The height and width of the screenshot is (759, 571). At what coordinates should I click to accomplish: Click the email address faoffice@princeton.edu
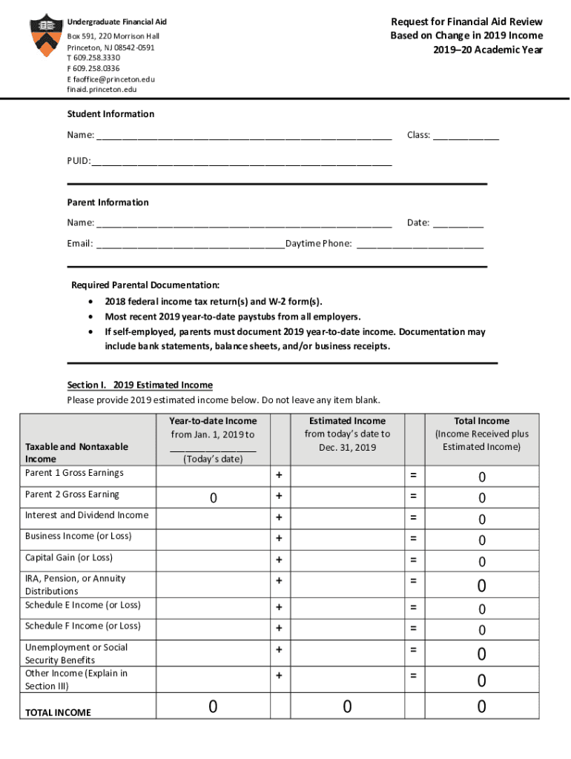point(114,79)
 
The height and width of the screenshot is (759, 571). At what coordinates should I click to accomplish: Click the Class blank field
point(465,136)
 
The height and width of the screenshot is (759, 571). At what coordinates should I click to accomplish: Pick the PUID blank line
point(241,161)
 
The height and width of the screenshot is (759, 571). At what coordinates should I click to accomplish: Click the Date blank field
point(458,223)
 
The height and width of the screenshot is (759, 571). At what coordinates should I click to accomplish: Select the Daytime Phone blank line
point(420,244)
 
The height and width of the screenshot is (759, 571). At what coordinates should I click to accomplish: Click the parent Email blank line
point(190,244)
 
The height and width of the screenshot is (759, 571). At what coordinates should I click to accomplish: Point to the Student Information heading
point(110,114)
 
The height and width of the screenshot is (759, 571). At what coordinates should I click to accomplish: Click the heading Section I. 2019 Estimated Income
point(139,385)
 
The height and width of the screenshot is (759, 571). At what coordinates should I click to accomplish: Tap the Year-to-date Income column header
point(212,421)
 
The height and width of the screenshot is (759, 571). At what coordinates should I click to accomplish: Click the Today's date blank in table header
point(212,447)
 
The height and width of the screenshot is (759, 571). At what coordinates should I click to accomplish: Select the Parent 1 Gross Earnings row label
point(74,473)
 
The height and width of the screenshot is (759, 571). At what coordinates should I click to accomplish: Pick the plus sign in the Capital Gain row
point(279,560)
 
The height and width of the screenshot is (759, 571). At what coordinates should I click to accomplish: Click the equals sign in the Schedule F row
point(413,628)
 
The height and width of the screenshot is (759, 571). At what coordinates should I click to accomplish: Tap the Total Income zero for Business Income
point(481,540)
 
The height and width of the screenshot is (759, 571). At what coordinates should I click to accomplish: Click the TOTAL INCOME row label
point(58,713)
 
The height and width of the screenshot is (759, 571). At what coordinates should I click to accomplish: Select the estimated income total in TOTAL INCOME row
point(346,708)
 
